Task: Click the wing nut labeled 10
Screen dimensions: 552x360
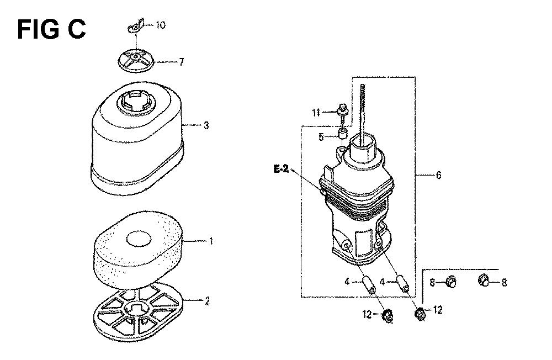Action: tap(136, 26)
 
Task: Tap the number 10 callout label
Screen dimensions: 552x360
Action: tap(160, 25)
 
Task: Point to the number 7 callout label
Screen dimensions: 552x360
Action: tap(181, 62)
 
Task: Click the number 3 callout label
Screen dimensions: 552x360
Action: tap(206, 125)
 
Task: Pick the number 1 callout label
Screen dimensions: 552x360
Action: tap(211, 241)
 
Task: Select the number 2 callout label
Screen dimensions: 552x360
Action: tap(207, 301)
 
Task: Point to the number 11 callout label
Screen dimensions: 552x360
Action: tap(316, 113)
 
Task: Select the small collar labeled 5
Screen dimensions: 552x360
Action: tap(342, 134)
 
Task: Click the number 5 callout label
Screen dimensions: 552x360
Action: tap(321, 137)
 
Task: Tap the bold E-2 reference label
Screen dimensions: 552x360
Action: tap(280, 170)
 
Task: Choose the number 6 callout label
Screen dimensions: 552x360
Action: tap(438, 175)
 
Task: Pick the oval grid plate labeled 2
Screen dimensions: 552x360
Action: tap(139, 312)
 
